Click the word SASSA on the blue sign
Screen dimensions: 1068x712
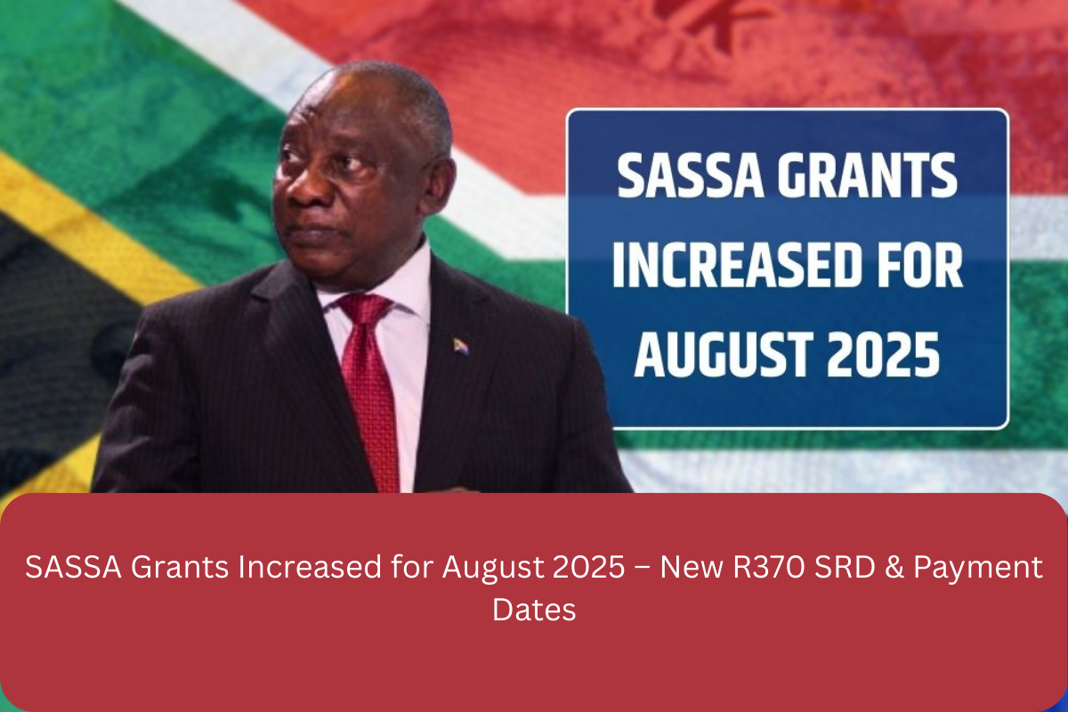coord(691,175)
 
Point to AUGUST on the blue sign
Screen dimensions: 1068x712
coord(724,354)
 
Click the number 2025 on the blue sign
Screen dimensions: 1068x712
coord(883,354)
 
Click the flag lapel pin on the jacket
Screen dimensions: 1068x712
coord(461,345)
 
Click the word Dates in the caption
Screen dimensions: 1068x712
coord(534,610)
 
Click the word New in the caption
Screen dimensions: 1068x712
coord(691,567)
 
